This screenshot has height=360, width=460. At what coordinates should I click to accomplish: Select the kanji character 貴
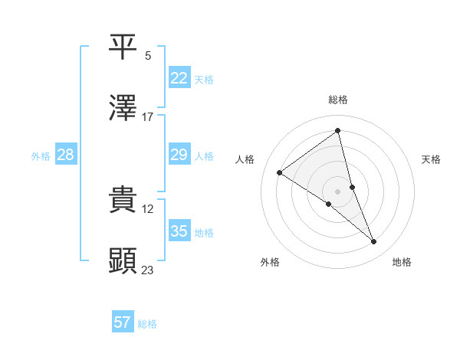(x=123, y=198)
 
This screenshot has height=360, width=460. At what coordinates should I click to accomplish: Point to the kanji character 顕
(x=123, y=261)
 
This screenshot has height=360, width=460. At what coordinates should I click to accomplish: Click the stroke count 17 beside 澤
(x=148, y=117)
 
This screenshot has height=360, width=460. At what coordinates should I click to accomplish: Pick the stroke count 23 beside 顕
(x=148, y=270)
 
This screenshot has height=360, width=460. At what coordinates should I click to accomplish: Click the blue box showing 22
(x=179, y=79)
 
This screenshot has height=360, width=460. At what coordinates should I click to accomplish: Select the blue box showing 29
(x=179, y=155)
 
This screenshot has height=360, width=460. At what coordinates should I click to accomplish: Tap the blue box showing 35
(x=179, y=231)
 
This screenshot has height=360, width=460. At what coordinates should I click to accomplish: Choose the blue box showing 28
(x=65, y=155)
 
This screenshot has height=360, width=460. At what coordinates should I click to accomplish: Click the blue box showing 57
(x=122, y=322)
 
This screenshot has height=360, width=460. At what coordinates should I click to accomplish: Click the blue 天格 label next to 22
(x=204, y=80)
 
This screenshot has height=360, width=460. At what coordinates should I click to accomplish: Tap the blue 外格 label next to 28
(x=41, y=156)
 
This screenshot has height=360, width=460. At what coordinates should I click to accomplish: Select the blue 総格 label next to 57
(x=147, y=324)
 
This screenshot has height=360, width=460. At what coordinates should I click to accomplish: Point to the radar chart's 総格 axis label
(x=338, y=100)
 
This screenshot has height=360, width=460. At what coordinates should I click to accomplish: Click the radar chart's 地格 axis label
(x=402, y=262)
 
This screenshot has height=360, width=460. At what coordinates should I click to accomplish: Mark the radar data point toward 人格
(x=280, y=173)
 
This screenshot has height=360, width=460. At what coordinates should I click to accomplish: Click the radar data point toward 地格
(x=374, y=242)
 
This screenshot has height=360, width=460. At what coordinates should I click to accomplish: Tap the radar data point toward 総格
(x=338, y=131)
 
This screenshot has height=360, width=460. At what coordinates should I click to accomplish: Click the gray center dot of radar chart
(x=338, y=191)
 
